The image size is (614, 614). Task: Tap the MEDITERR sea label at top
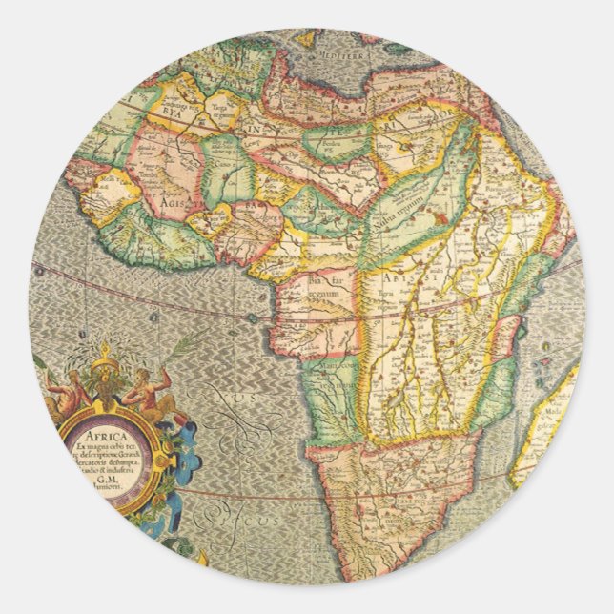pos(341,56)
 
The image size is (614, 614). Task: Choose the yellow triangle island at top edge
pos(306,39)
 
